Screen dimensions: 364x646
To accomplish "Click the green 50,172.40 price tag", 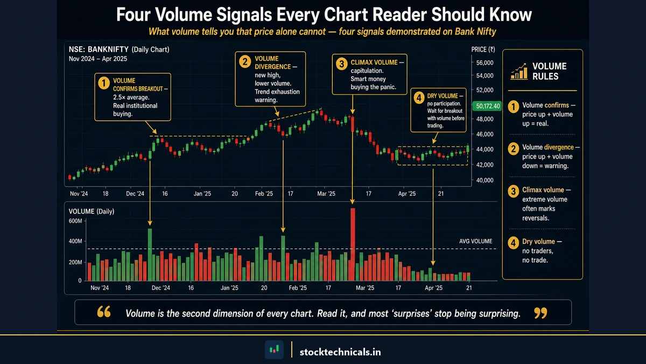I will [486, 106].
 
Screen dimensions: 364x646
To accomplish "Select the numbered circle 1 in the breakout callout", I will [102, 83].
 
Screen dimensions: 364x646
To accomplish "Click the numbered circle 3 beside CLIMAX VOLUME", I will [341, 63].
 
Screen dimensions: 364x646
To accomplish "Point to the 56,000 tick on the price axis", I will [482, 62].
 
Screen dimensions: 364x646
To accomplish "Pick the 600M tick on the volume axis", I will [75, 221].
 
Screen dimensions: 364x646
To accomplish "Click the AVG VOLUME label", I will [475, 241].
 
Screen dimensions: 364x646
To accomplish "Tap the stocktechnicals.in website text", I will [340, 352].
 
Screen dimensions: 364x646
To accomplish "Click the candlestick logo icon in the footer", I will [274, 350].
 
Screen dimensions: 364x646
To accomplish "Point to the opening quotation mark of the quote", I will [104, 313].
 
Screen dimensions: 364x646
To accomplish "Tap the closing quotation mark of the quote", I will [542, 313].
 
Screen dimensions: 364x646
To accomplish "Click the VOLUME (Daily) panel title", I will [92, 211].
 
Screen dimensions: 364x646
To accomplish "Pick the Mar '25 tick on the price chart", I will [326, 193].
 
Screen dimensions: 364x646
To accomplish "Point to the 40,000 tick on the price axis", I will [482, 180].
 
